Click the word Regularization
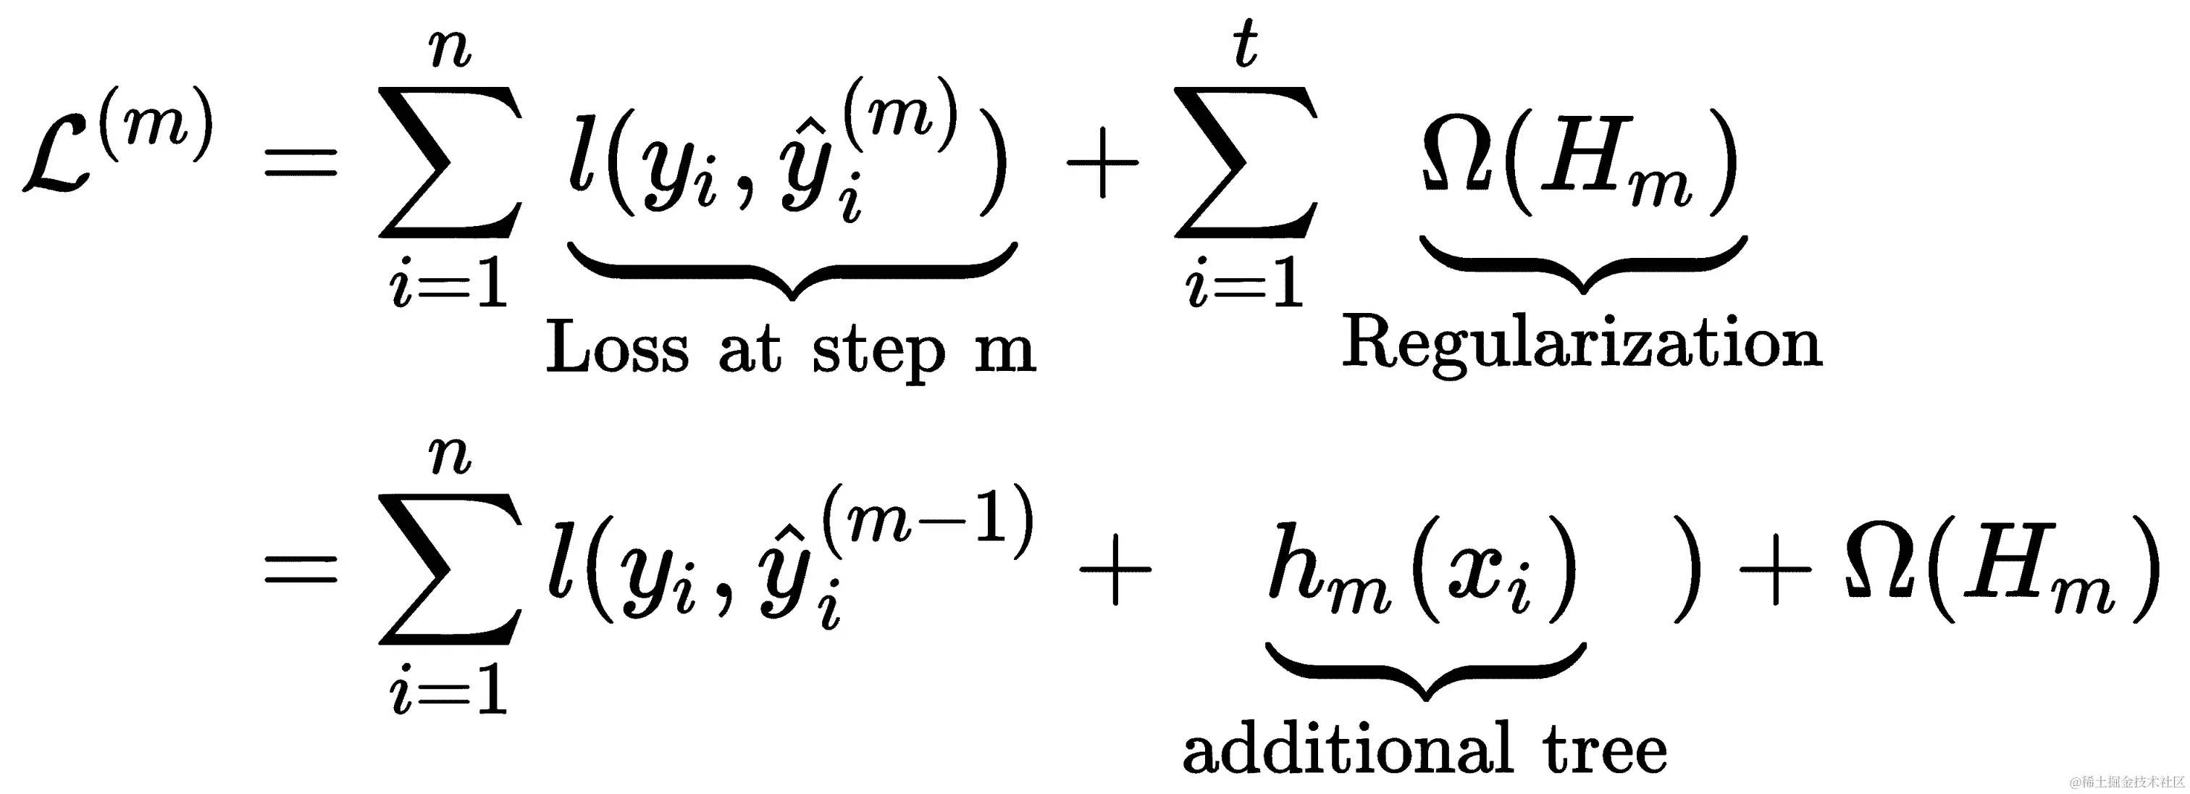(x=1581, y=344)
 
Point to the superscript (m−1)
(x=927, y=519)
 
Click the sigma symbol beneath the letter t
(x=1246, y=162)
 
